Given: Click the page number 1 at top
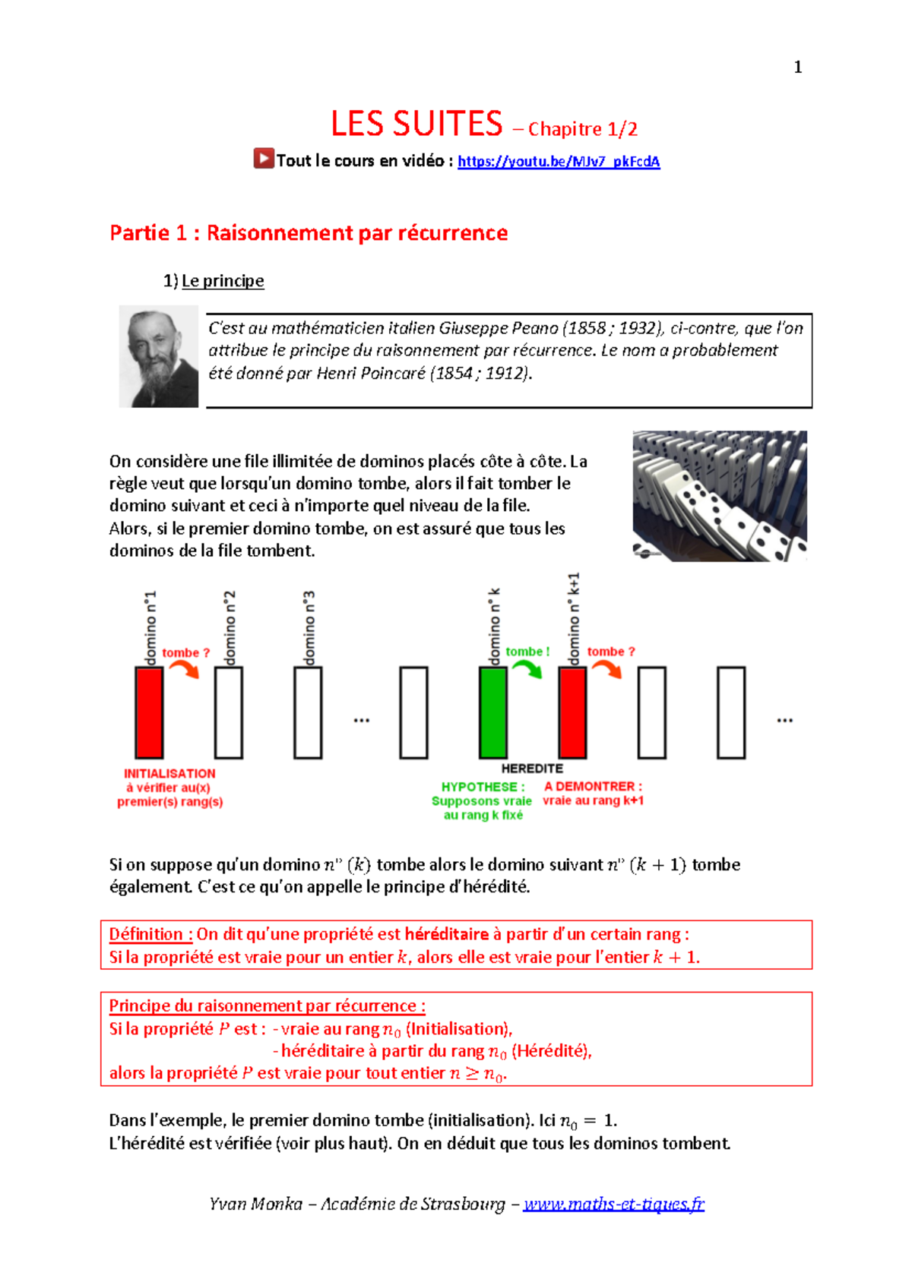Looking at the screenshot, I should pos(797,67).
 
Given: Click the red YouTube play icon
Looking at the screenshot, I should pos(264,159).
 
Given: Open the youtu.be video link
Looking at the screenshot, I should pos(559,161).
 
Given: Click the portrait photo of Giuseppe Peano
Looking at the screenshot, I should pos(159,357).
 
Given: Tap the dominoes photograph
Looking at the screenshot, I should pos(720,496).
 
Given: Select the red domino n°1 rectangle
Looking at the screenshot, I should pos(149,712).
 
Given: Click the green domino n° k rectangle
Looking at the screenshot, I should pos(493,712).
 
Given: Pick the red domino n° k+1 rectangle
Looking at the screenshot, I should pos(573,712).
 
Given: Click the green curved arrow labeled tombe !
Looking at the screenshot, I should pos(527,669).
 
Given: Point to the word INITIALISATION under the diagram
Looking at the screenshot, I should pos(169,773).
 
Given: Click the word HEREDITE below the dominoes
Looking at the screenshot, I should pos(532,769).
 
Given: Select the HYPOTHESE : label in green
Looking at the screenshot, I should pos(483,787).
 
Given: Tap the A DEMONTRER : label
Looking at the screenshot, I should pos(593,786).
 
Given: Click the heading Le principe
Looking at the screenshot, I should pos(223,281).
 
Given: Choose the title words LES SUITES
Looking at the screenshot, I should pos(416,124).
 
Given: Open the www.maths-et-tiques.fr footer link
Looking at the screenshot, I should pos(613,1204).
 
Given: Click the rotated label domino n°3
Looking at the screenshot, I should pos(309,627).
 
